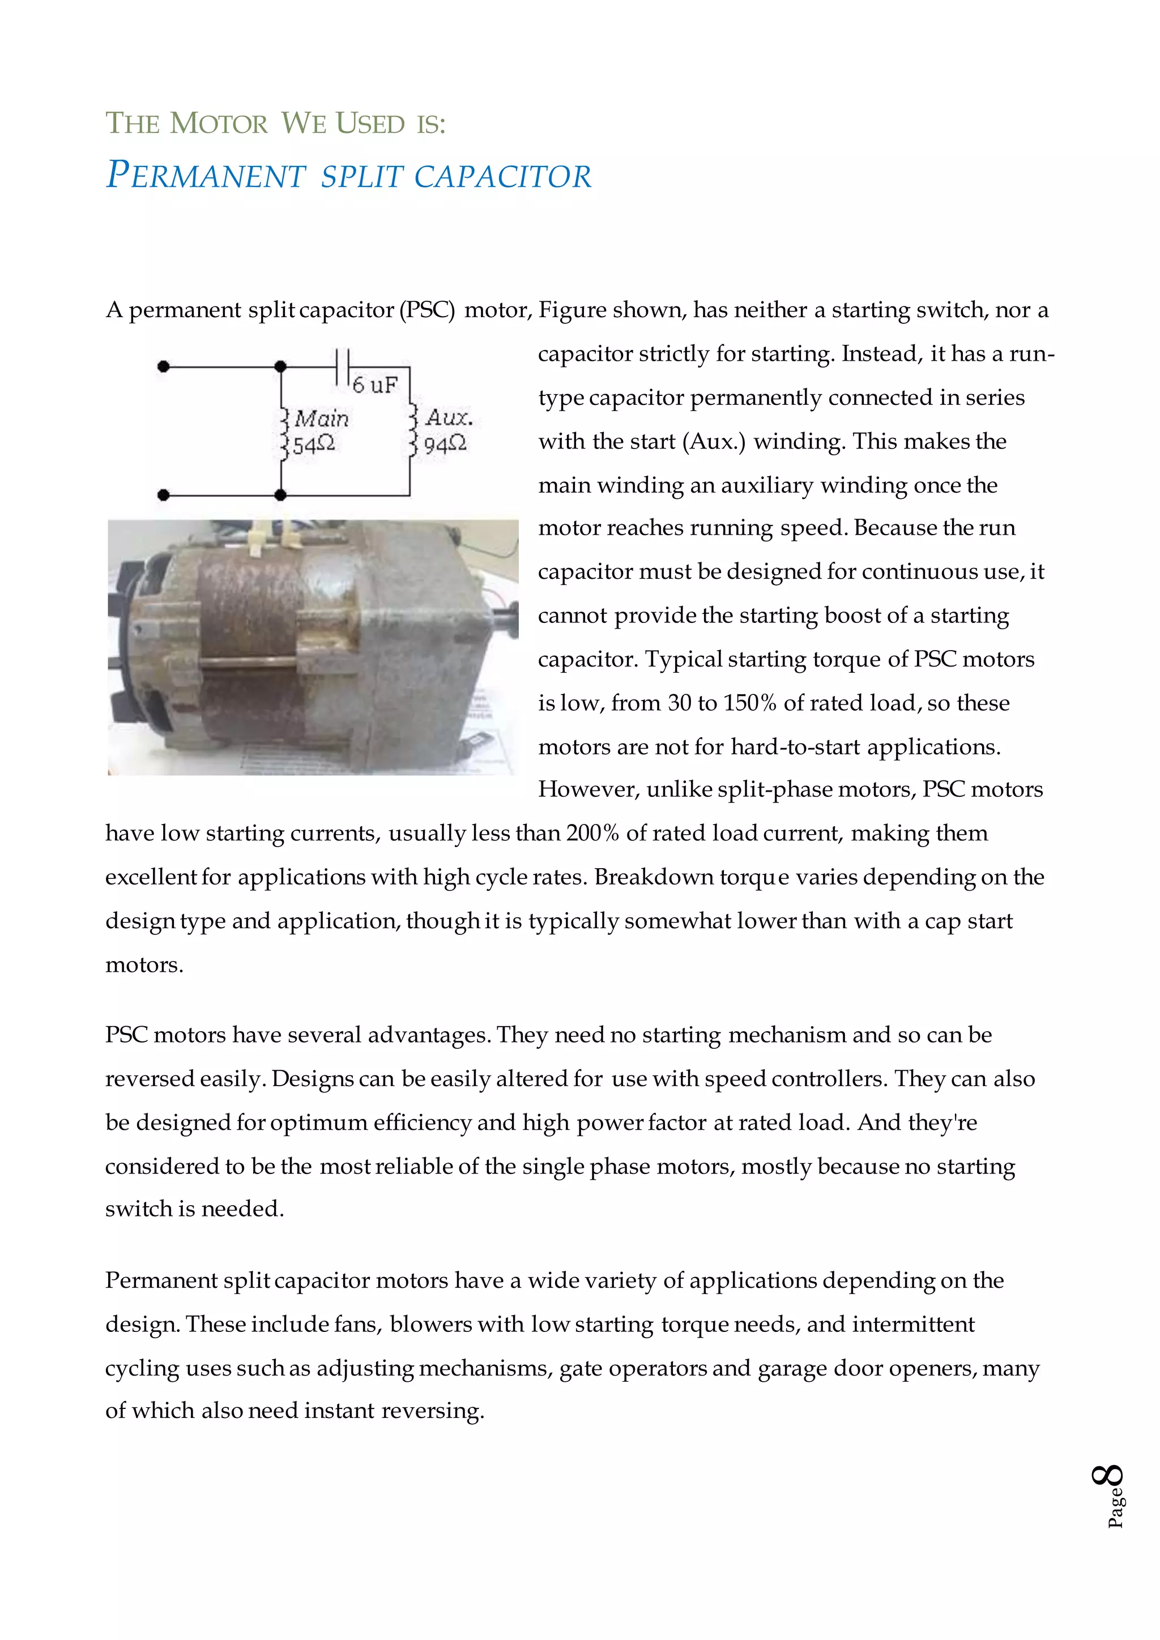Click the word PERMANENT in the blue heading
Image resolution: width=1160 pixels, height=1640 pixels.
(x=206, y=176)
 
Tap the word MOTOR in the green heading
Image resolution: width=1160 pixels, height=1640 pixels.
(x=219, y=123)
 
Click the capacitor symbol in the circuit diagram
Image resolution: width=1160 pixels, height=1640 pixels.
(x=342, y=367)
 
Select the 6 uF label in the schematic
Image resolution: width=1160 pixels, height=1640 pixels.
(x=374, y=385)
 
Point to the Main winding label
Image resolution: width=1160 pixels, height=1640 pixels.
(x=321, y=418)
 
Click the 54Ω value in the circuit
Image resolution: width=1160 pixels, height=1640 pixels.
(x=313, y=445)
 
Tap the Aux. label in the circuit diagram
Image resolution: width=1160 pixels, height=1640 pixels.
(x=449, y=418)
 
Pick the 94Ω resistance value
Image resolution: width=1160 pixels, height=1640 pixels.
(x=444, y=445)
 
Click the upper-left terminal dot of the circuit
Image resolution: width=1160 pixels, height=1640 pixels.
(x=164, y=367)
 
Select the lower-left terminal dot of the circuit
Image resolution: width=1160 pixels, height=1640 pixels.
(x=164, y=494)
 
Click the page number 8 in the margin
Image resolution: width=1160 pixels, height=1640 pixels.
(x=1108, y=1476)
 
